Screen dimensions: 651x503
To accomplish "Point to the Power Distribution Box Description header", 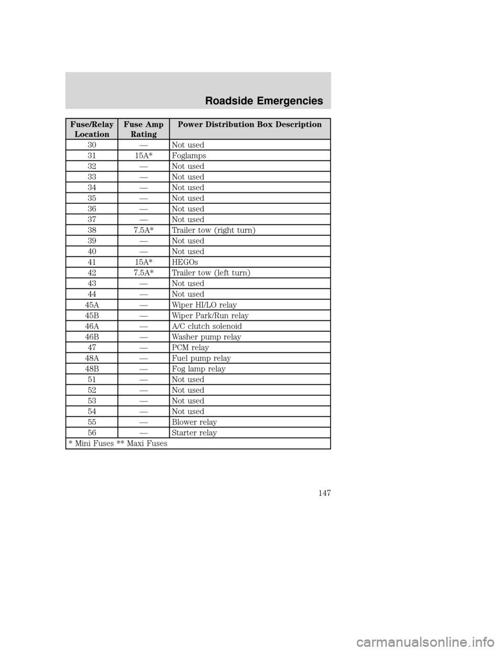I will click(249, 125).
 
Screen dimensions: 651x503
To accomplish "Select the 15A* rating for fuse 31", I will click(143, 156).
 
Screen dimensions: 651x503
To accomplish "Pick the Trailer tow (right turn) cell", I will click(213, 230).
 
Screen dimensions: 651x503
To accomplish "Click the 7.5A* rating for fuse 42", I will click(143, 273).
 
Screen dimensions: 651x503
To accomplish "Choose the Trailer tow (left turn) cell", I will click(211, 273).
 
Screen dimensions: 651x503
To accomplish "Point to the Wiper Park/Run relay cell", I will click(210, 316).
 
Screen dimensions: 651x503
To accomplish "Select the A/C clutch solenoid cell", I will click(206, 326).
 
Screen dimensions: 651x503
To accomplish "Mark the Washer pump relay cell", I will click(206, 337).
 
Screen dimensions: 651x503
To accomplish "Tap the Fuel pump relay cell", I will click(201, 358).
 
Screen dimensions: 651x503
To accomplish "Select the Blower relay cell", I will click(194, 422).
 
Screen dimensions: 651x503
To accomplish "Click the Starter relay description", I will click(194, 433).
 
